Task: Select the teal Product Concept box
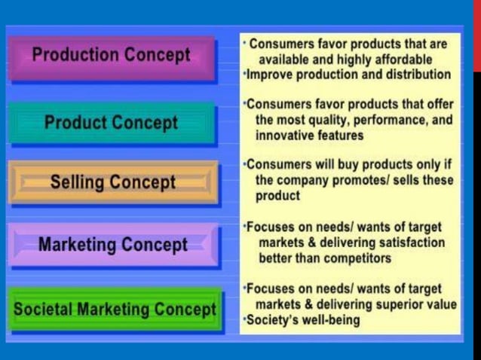pos(111,123)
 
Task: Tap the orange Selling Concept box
pos(112,183)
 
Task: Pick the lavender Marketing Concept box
pos(112,246)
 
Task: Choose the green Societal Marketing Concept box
pos(115,310)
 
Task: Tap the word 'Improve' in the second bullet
pos(270,75)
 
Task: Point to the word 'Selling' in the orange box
pos(78,183)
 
